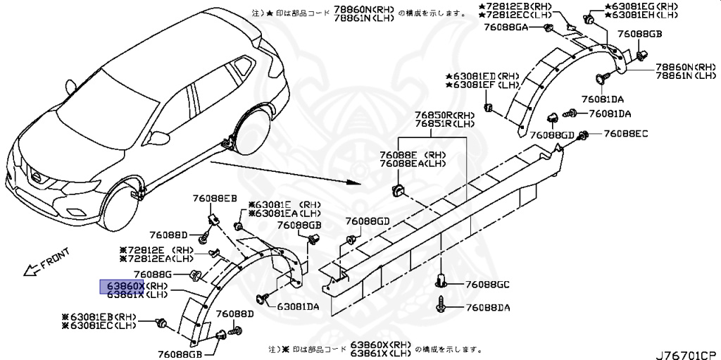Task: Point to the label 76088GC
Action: (x=488, y=285)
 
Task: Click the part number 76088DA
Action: (x=487, y=308)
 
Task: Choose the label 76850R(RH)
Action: (x=444, y=114)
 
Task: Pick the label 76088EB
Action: (x=215, y=198)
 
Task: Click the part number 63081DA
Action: (x=298, y=306)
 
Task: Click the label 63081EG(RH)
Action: (x=639, y=6)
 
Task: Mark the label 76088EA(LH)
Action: (x=413, y=163)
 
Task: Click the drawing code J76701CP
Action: (x=686, y=349)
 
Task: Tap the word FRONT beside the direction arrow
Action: (x=54, y=260)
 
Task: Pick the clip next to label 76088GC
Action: (x=441, y=281)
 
